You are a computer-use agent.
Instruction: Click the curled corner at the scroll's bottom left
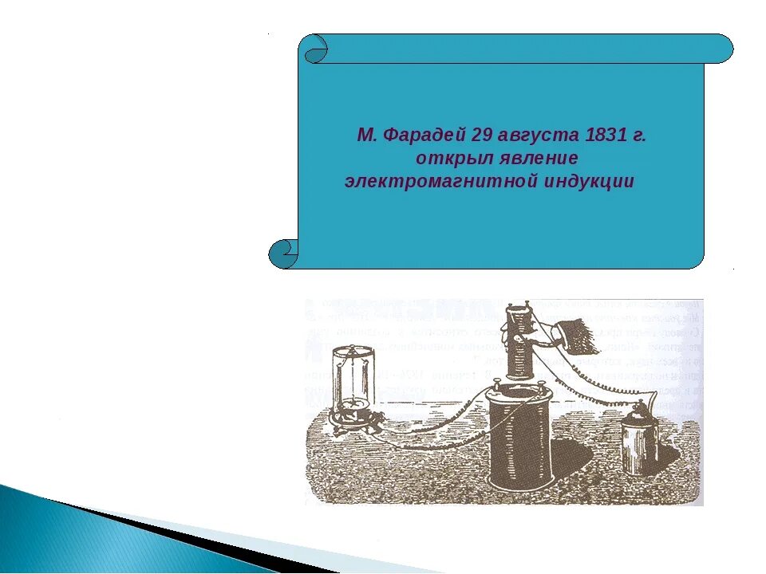pyautogui.click(x=283, y=254)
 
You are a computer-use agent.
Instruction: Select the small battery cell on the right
pyautogui.click(x=639, y=438)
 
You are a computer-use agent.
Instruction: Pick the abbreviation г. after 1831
pyautogui.click(x=638, y=136)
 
